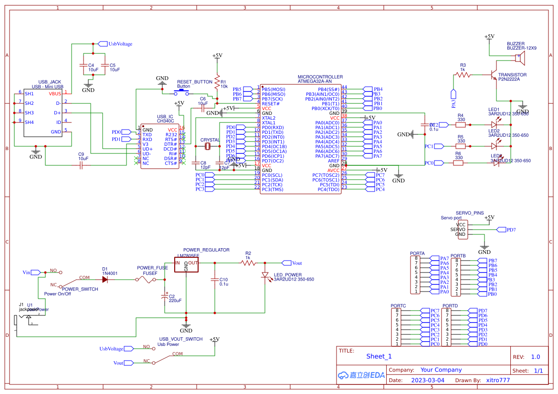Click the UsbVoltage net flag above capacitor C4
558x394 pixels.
[x=103, y=44]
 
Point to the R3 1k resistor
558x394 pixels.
[x=463, y=75]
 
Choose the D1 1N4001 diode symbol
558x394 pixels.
[x=105, y=279]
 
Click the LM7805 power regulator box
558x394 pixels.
[x=186, y=265]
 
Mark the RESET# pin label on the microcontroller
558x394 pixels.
[x=270, y=103]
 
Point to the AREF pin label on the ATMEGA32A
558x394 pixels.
[x=334, y=161]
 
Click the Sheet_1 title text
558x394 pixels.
[x=379, y=356]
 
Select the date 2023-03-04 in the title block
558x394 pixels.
[x=427, y=380]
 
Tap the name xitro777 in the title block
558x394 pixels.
[x=498, y=380]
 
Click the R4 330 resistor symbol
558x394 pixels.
[x=461, y=125]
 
